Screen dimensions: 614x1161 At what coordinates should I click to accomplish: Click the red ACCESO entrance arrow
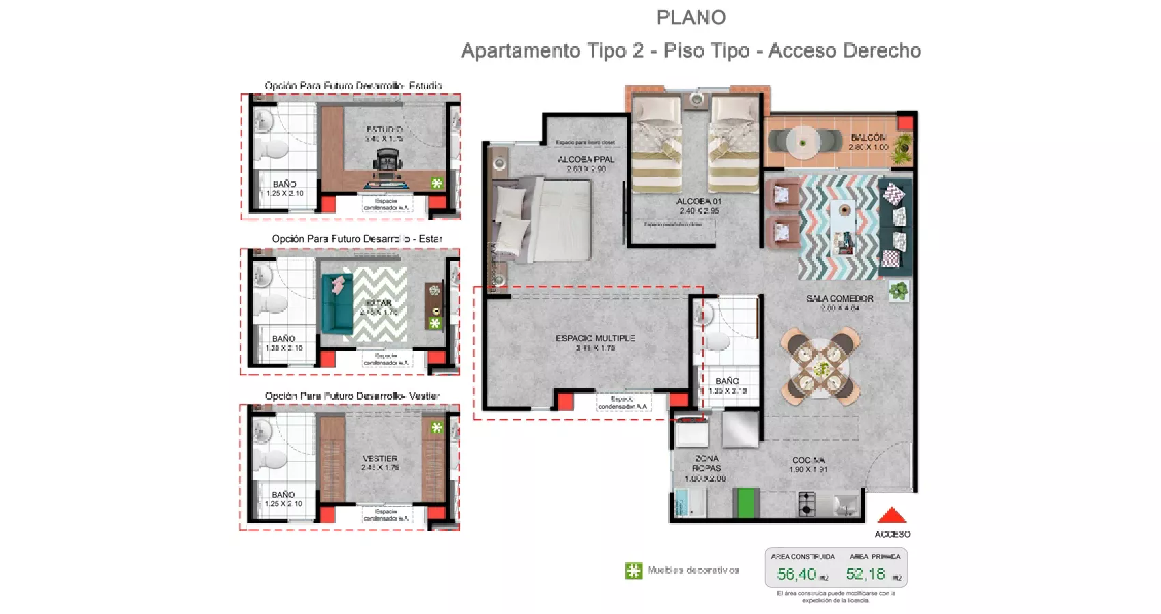[x=891, y=516]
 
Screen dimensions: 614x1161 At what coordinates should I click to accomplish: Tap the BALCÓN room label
[x=868, y=138]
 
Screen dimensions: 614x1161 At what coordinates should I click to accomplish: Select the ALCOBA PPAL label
[x=586, y=160]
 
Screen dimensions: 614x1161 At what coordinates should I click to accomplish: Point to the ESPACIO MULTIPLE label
[x=595, y=338]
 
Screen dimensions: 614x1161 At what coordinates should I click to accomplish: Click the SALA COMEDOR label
[x=840, y=299]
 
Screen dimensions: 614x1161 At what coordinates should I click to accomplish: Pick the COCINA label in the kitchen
[x=808, y=460]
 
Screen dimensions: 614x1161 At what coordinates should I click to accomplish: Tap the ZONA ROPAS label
[x=706, y=463]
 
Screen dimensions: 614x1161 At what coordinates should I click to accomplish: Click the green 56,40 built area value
[x=797, y=574]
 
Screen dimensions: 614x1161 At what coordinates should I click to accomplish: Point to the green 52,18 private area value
[x=865, y=574]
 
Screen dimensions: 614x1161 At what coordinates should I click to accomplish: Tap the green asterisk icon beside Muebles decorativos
[x=633, y=571]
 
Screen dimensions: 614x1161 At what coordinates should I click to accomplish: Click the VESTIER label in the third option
[x=380, y=458]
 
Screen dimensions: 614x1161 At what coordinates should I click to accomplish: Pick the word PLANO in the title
[x=691, y=18]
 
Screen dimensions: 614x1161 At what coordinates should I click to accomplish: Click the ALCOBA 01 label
[x=698, y=201]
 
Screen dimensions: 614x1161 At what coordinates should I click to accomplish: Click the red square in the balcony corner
[x=905, y=123]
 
